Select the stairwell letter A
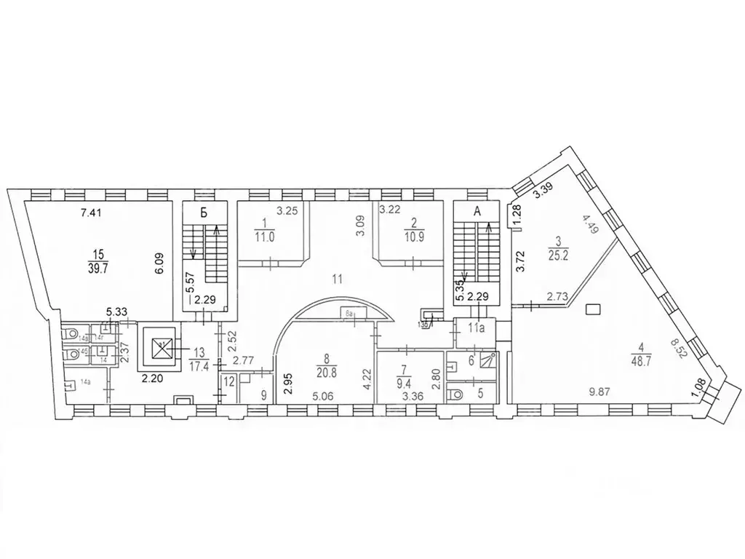coord(477,212)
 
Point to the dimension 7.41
coord(92,213)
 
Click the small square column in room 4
coord(592,310)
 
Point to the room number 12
coord(229,380)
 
